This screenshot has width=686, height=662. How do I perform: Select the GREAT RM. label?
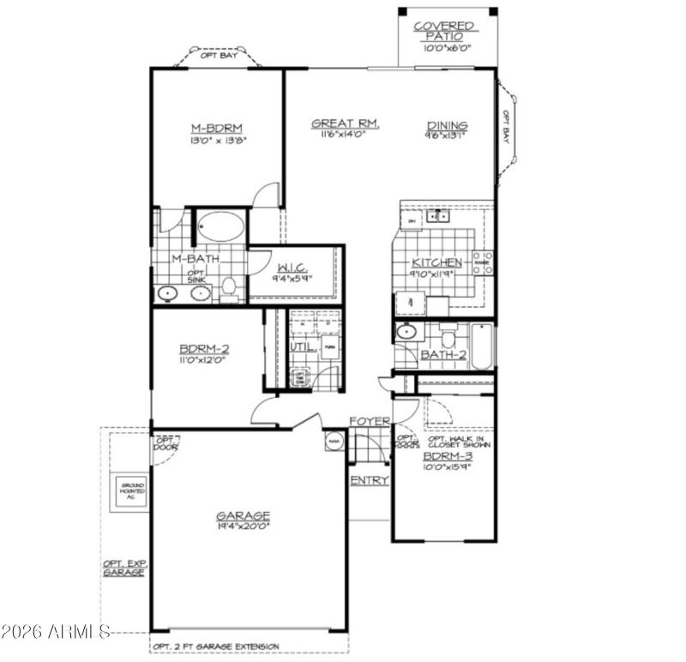coord(345,123)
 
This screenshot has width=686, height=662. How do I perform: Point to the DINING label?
coord(447,126)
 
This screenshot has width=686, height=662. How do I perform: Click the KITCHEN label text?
coord(437,262)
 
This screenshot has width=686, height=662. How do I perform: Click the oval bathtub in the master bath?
coord(221,228)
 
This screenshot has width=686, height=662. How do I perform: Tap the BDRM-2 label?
coord(204,349)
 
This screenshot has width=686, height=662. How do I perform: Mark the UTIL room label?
coord(300,347)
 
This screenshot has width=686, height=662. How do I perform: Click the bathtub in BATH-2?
coord(482,346)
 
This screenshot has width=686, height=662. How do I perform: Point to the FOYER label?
coord(370,422)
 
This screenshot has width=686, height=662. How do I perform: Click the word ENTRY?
coord(370,480)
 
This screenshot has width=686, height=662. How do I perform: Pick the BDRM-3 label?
coord(447,457)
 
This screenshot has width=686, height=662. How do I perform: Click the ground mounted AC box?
coord(132,491)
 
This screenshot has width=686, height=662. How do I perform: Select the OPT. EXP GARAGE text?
coord(123,568)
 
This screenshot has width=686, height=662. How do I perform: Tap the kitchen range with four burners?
coord(482,262)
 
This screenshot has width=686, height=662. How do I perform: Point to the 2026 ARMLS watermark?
coord(56,634)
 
